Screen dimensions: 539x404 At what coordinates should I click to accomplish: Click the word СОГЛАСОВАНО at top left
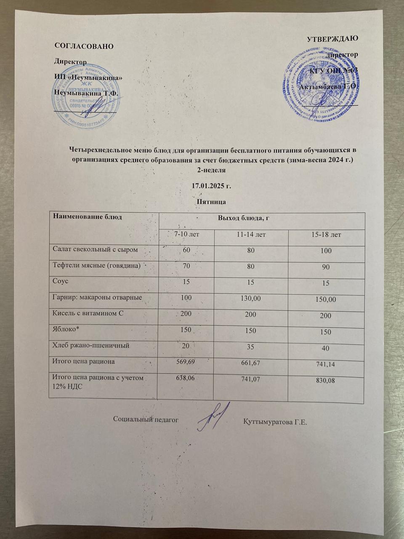(84, 46)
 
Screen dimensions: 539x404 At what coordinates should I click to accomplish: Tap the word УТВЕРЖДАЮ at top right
(332, 39)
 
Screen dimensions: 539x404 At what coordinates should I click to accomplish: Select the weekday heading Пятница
(212, 202)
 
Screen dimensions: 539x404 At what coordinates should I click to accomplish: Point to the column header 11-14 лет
(251, 234)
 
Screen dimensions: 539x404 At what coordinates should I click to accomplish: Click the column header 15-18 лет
(326, 235)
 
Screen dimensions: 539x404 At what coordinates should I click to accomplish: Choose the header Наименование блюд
(87, 217)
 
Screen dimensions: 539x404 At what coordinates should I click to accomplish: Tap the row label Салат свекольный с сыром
(95, 249)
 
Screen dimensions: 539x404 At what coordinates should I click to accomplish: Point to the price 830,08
(325, 381)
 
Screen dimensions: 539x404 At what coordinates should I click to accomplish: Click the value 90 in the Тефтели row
(326, 267)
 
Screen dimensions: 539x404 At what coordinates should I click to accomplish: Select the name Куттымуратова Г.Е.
(275, 422)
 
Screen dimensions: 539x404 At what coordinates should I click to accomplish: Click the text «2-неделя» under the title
(212, 171)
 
